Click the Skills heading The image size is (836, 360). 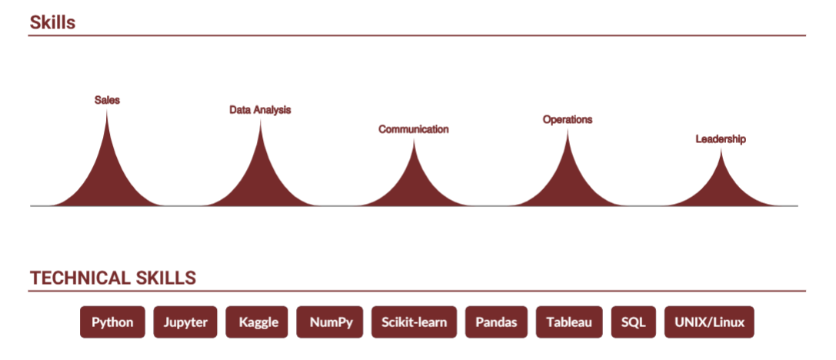point(52,22)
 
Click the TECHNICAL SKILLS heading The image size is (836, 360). point(113,278)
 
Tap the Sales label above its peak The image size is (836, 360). point(107,100)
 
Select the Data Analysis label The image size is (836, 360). point(260,110)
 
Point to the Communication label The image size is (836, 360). point(414,129)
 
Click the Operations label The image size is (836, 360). point(568,119)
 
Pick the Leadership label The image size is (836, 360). point(721,139)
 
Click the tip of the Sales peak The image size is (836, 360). point(107,111)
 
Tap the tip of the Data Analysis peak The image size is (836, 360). point(260,121)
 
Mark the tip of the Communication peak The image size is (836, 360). point(414,140)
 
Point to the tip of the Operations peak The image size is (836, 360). point(568,130)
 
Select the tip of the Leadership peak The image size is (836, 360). point(721,149)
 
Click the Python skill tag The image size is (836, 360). point(112,322)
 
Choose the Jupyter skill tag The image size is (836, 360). point(185,322)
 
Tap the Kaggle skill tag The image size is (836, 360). point(256,322)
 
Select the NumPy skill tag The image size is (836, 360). point(329,322)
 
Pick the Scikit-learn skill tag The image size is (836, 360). point(415,322)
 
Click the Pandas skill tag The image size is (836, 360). point(496,322)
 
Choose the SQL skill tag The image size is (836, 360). point(634,322)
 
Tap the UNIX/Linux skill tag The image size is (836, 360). point(709,322)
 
